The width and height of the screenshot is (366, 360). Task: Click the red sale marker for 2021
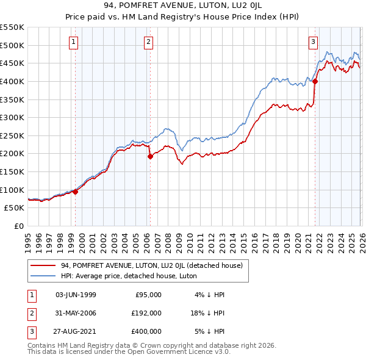[x=315, y=81]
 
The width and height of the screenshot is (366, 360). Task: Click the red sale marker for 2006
[x=150, y=156]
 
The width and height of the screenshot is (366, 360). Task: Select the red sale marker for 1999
[x=76, y=192]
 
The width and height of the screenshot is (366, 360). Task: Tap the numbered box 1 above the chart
[x=73, y=42]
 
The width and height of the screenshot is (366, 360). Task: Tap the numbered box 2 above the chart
[x=148, y=42]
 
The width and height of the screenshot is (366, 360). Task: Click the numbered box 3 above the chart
[x=313, y=42]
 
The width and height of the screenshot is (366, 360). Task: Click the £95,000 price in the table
[x=147, y=295]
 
